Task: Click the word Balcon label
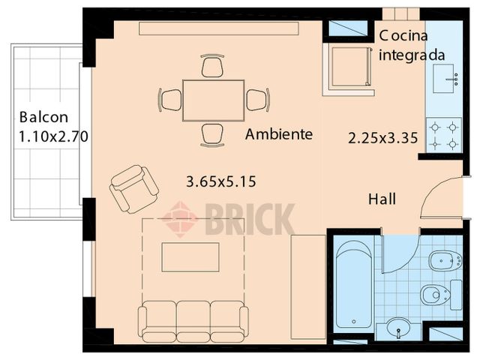pos(44,118)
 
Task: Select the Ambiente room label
pos(279,134)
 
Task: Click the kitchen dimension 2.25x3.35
pos(383,137)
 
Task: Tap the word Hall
pos(382,199)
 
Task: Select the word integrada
pos(412,55)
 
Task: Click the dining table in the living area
pos(213,100)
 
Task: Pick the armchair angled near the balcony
pos(133,188)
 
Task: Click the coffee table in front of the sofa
pos(190,257)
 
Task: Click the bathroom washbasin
pos(398,328)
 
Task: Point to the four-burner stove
pos(443,135)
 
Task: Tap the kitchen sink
pos(448,77)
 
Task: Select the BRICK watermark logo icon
pos(180,219)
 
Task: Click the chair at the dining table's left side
pos(171,100)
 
